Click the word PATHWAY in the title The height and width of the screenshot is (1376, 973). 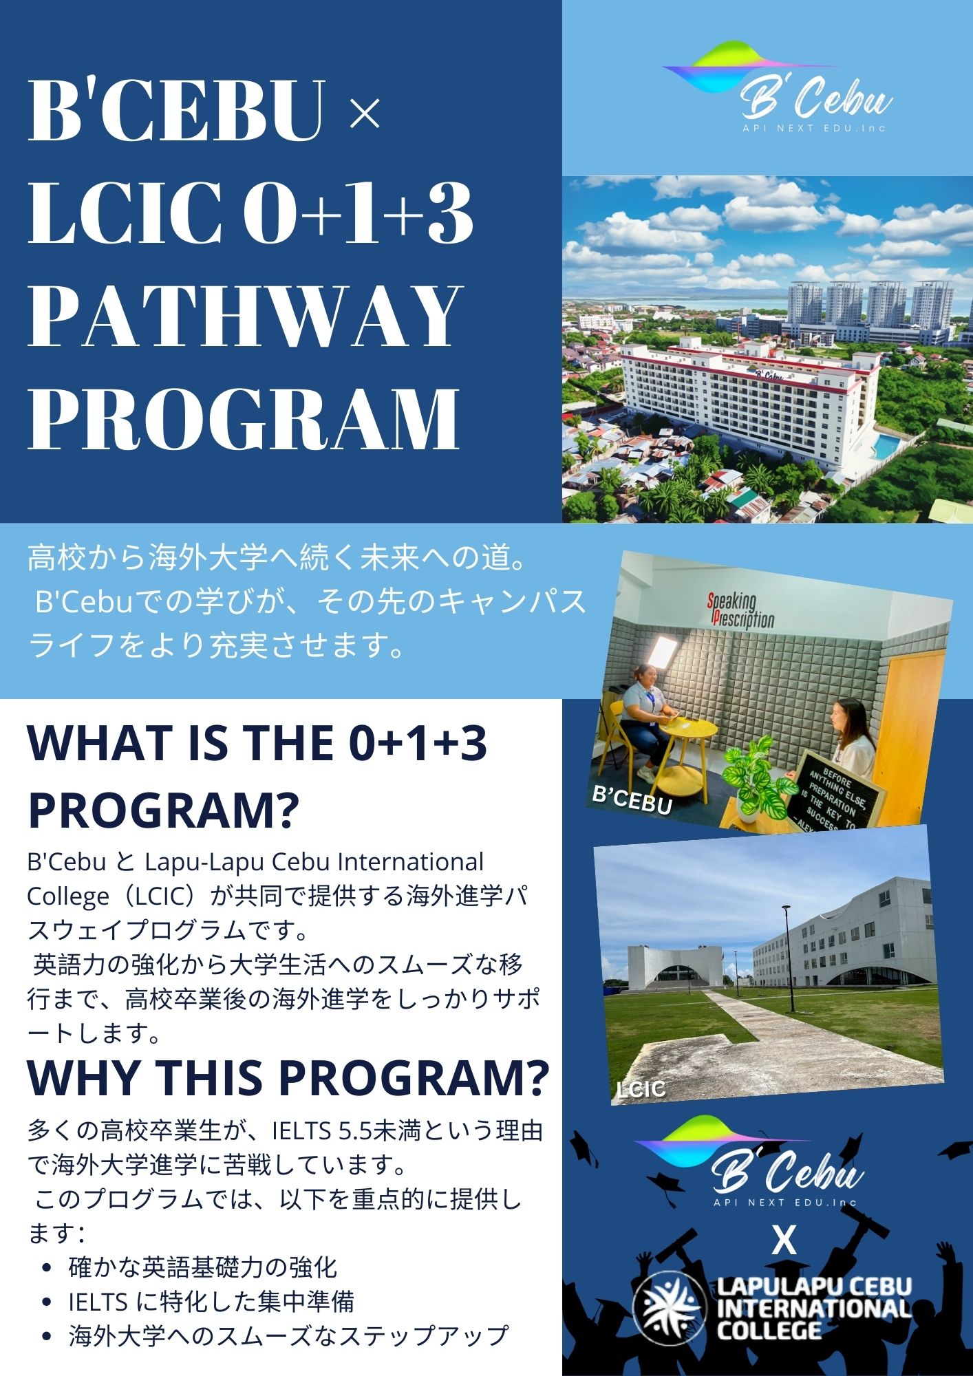tap(244, 316)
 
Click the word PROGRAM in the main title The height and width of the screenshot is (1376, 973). tap(244, 418)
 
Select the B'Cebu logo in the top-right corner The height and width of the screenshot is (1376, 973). tap(778, 86)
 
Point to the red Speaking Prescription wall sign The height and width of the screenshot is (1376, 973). tap(741, 610)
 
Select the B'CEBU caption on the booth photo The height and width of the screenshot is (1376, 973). tap(632, 800)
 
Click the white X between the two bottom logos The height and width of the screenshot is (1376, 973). tap(784, 1240)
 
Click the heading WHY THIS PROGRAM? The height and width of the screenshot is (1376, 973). tap(288, 1077)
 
